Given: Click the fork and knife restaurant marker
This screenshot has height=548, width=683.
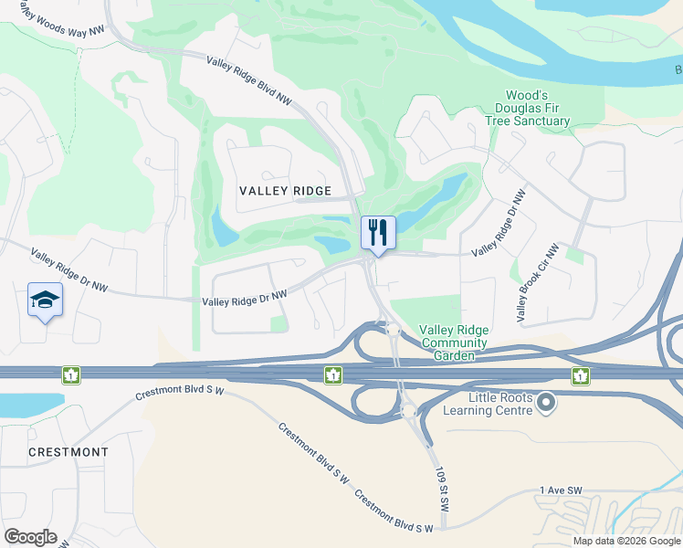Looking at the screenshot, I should click(x=378, y=233).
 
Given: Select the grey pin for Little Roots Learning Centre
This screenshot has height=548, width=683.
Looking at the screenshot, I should click(x=546, y=402).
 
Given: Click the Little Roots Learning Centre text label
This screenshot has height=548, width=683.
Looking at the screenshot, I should click(x=488, y=405).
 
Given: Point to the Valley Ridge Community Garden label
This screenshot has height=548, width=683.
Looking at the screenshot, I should click(x=454, y=337).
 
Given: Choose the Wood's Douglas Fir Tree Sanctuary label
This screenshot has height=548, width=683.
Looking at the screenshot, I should click(x=539, y=108).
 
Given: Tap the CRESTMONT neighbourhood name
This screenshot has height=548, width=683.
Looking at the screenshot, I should click(x=68, y=452).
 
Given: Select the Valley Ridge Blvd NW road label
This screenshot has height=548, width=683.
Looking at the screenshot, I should click(x=248, y=82).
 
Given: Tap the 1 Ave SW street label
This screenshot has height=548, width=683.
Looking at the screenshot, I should click(x=561, y=490).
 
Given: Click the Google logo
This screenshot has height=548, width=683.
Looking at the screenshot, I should click(x=30, y=537).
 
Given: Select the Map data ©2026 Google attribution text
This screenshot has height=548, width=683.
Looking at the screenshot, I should click(x=626, y=541).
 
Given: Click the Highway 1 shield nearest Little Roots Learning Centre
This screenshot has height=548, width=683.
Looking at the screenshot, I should click(x=579, y=374).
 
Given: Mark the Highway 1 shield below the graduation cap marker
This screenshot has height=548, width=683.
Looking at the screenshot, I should click(x=71, y=374).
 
